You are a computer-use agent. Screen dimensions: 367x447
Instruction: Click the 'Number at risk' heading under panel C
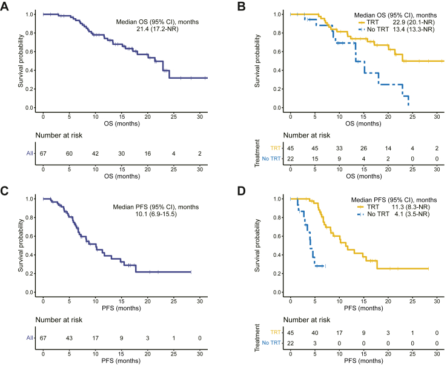click(59, 319)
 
